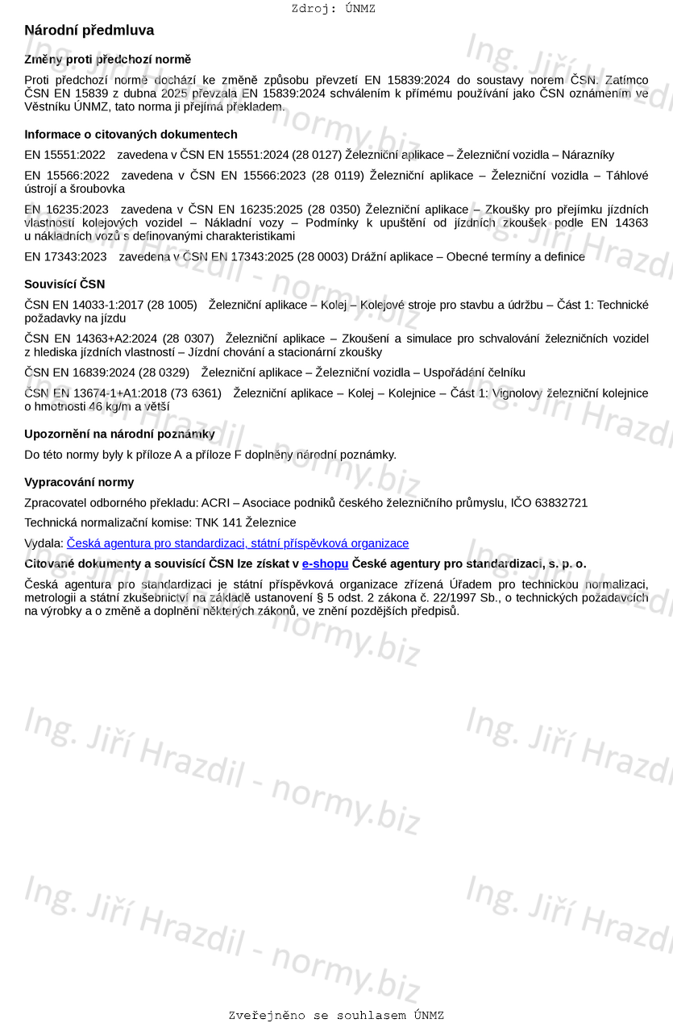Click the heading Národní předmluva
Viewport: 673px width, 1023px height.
[x=89, y=31]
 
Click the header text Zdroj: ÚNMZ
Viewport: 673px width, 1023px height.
[x=333, y=9]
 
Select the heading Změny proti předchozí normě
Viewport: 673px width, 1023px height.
[x=107, y=60]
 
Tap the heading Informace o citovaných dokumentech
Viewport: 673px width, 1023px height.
[x=131, y=135]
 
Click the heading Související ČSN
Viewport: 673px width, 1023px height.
[x=64, y=285]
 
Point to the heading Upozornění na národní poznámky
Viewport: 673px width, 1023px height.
[x=119, y=435]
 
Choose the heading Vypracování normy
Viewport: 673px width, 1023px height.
[x=79, y=482]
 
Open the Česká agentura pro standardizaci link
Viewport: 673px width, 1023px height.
[x=238, y=543]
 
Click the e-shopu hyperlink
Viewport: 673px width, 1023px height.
[x=325, y=563]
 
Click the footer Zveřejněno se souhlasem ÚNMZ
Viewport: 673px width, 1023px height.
[x=336, y=1016]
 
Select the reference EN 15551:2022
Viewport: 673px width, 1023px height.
[x=64, y=155]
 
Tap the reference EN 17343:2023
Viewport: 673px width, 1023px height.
[x=65, y=256]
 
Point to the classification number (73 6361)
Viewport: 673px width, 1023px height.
[x=194, y=393]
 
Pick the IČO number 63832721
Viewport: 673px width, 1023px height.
[x=561, y=503]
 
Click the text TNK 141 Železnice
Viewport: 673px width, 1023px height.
[x=250, y=523]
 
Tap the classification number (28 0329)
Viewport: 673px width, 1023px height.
[x=162, y=372]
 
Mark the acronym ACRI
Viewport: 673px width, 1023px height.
[x=215, y=503]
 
